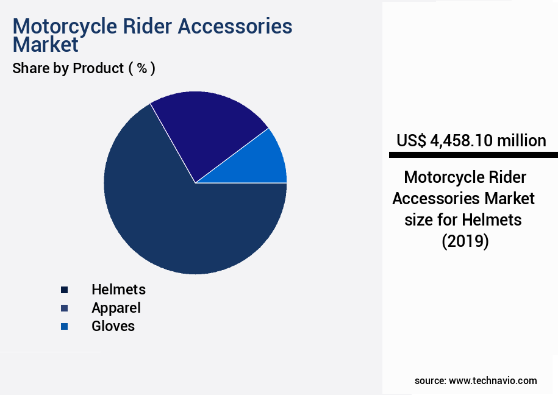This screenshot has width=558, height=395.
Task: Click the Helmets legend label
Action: tap(118, 290)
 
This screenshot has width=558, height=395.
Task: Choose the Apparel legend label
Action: tap(116, 308)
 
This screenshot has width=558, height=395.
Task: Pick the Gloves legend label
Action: tap(113, 326)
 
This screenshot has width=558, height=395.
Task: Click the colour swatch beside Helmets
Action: tap(65, 290)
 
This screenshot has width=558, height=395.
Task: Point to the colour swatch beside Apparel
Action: tap(65, 308)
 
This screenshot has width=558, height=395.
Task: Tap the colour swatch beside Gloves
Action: tap(65, 327)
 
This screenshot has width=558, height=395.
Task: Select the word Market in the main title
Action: tap(46, 44)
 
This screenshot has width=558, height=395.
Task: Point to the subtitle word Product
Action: tap(98, 68)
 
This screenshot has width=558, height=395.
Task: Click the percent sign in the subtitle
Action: tap(141, 68)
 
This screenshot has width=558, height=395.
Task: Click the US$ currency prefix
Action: tap(412, 141)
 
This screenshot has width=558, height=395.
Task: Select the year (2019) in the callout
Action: tap(465, 241)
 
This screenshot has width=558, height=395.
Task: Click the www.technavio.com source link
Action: tap(493, 380)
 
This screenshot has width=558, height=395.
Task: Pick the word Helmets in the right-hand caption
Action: tap(494, 219)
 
